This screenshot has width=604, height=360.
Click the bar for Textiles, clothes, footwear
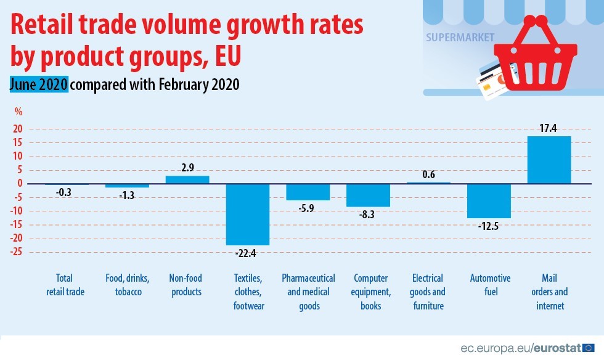247,214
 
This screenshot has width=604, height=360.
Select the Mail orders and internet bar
549,160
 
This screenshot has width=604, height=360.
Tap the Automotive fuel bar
489,200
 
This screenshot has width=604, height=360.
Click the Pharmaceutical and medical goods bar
308,192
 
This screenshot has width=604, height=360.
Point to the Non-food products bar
187,179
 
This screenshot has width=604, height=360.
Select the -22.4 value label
247,253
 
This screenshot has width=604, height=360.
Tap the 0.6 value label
429,174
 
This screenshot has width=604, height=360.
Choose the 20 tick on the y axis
18,129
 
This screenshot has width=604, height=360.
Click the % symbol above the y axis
18,112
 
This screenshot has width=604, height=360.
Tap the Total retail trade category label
65,285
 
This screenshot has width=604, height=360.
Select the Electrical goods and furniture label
428,292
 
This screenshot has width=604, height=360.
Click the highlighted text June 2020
38,85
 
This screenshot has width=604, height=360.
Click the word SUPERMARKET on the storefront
460,37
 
